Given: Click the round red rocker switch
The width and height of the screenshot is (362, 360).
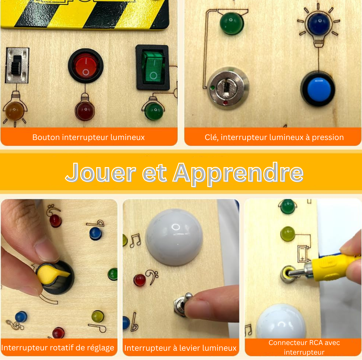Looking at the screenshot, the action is point(86,66).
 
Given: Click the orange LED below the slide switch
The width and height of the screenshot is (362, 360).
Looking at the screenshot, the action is point(15,111).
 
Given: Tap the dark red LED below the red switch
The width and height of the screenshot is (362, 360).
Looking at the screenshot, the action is point(85,111).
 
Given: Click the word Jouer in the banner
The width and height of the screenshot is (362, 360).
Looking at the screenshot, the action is point(101,173).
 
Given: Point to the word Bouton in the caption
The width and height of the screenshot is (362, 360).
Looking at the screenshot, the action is point(46,137).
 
